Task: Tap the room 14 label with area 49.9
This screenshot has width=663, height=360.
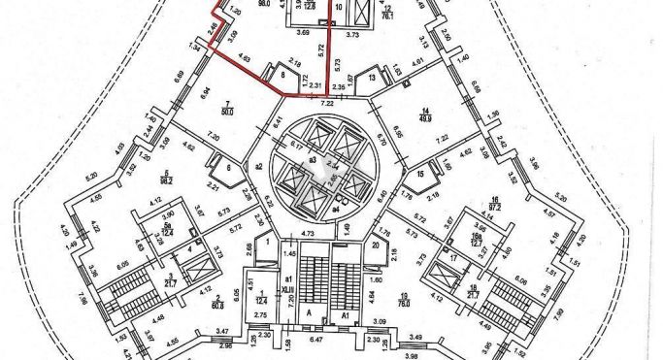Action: (x=425, y=114)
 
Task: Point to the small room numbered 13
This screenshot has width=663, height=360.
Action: (x=372, y=78)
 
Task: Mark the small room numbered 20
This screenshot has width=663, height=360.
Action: (x=375, y=245)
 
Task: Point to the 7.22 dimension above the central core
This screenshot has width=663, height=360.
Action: (x=327, y=101)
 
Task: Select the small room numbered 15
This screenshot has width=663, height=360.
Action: (x=420, y=175)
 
